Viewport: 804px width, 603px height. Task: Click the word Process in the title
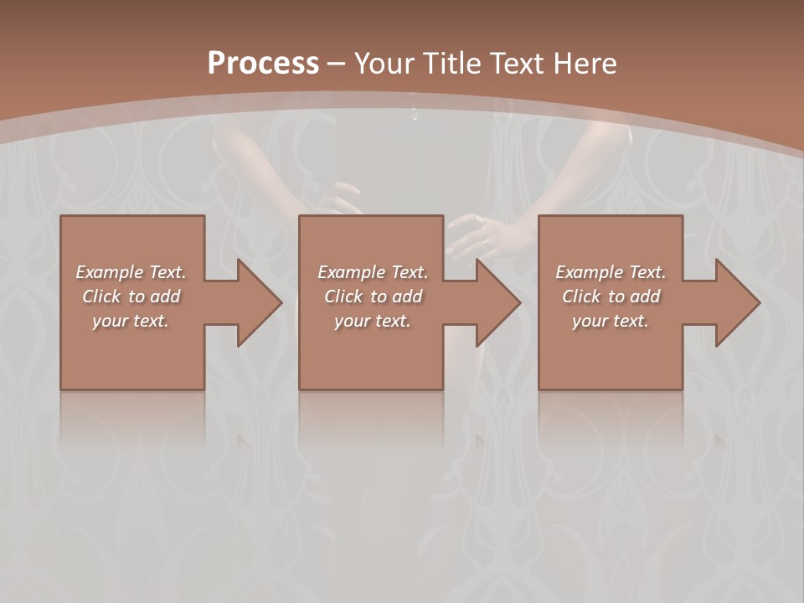(263, 63)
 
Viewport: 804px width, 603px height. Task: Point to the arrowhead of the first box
(255, 302)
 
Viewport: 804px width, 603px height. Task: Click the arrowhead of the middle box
(493, 302)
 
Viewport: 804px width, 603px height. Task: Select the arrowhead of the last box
(733, 302)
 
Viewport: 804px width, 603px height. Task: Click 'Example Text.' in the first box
(131, 272)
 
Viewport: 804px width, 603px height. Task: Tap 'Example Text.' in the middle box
(373, 272)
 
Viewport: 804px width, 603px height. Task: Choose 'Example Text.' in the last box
(611, 272)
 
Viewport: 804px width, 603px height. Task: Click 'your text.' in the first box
(131, 321)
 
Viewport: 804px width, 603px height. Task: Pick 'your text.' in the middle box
(373, 321)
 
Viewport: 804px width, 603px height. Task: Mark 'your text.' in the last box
(611, 321)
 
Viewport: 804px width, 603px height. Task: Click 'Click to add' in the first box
(131, 296)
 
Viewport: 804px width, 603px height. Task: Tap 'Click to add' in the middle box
(373, 296)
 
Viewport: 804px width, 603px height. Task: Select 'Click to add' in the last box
(611, 296)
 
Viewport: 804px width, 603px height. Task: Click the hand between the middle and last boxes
(482, 234)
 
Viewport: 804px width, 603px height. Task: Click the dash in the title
(336, 64)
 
